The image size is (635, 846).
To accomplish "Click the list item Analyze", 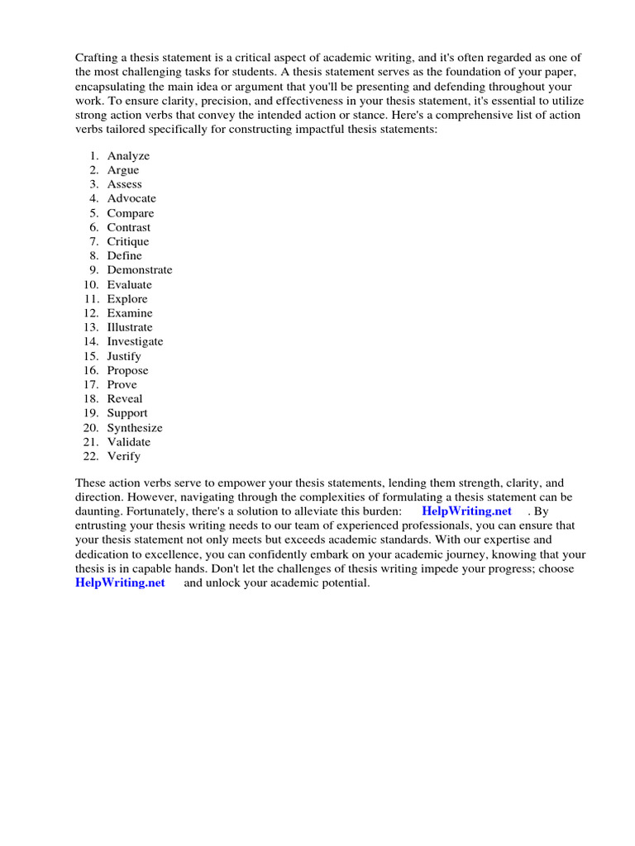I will [x=128, y=156].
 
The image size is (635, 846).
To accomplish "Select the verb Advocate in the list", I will [x=131, y=198].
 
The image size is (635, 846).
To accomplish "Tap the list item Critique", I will [x=128, y=241].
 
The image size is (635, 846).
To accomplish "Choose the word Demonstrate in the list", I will [x=140, y=270].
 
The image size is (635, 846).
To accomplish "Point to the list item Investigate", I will [x=135, y=341].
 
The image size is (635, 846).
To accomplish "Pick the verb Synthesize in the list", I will [x=135, y=427].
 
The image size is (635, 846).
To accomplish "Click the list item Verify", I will [x=124, y=456].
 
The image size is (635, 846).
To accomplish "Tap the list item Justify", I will [x=124, y=356].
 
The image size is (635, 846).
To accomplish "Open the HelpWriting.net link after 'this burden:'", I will [x=467, y=511].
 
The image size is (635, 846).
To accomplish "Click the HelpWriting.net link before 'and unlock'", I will [x=120, y=583].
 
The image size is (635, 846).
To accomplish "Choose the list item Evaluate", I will [x=130, y=284].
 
